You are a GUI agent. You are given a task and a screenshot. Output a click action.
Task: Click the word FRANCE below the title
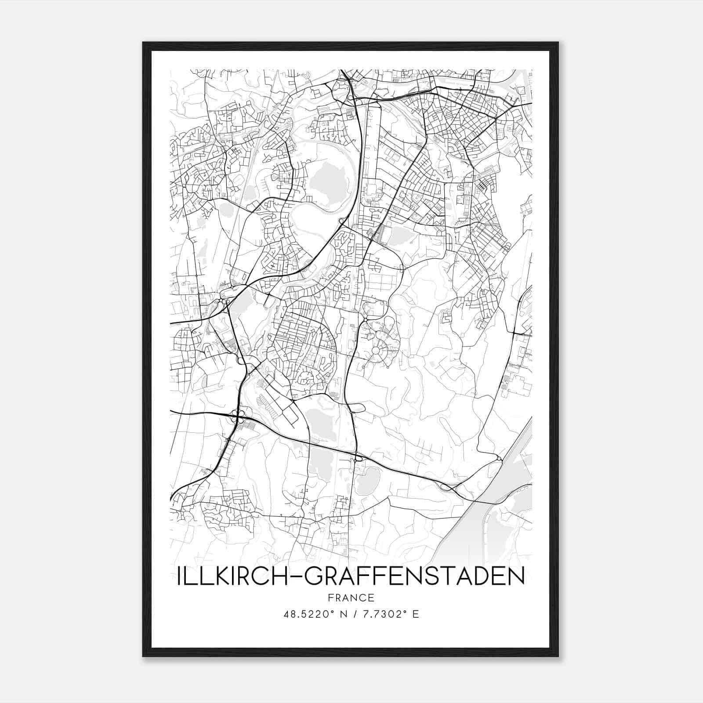click(351, 598)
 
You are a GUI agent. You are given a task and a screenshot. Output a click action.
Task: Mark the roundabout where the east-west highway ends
click(499, 459)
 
